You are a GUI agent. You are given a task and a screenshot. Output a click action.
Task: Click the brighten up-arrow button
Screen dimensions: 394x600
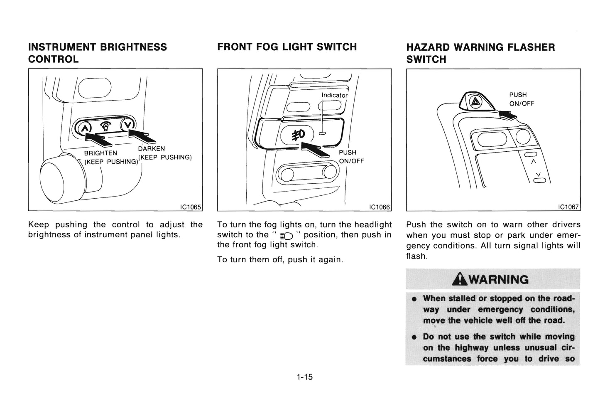pos(84,126)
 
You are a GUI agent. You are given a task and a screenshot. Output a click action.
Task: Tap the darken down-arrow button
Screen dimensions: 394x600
pos(128,124)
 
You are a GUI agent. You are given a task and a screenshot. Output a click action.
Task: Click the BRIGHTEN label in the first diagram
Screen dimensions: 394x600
pos(100,153)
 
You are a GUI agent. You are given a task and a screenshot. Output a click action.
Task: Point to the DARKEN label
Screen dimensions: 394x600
pos(151,148)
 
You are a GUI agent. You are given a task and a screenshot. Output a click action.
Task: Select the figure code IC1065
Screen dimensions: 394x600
pos(190,207)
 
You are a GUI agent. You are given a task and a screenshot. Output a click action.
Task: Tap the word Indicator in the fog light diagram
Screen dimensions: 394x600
pos(334,95)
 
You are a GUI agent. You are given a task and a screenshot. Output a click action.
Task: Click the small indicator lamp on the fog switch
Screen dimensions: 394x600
pos(323,134)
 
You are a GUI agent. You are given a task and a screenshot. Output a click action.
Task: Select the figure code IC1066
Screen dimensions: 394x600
pos(380,207)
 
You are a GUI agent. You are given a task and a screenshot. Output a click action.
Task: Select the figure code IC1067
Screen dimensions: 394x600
pos(568,207)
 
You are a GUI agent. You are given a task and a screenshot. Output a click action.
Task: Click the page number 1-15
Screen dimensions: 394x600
pos(304,377)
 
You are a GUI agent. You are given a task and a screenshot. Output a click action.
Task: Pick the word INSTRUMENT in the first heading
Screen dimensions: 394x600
pos(63,47)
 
